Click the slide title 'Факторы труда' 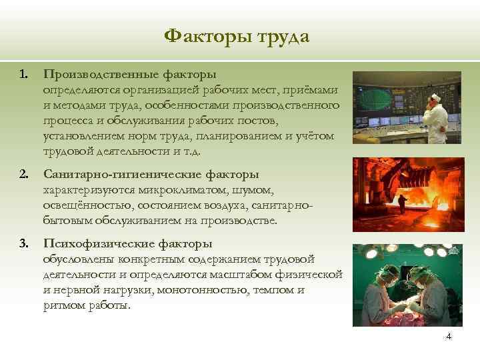[x=237, y=36]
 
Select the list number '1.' [x=24, y=75]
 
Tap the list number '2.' [x=24, y=175]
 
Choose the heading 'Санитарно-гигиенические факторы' [x=151, y=175]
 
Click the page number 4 [x=449, y=336]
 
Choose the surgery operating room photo [x=407, y=285]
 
